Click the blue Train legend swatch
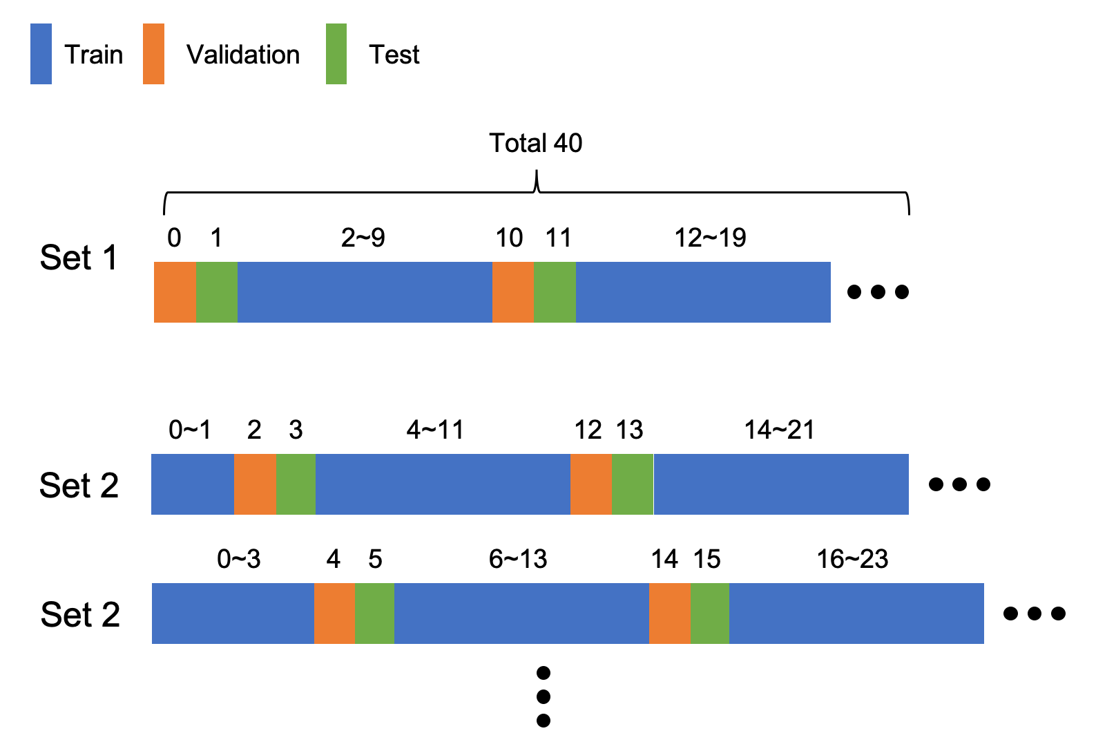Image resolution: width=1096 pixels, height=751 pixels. pos(41,54)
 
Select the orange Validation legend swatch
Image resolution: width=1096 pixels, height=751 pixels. pos(153,54)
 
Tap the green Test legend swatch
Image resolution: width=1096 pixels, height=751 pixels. pos(336,54)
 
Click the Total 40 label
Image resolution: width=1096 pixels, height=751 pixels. pos(535,143)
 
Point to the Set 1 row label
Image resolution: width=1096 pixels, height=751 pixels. pos(79,258)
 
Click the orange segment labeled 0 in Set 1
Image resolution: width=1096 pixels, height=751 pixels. pos(175,292)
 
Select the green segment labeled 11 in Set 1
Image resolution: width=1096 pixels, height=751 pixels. pos(555,292)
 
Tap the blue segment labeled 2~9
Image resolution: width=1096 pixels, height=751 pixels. pos(365,292)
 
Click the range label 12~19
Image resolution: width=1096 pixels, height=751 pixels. pos(710,238)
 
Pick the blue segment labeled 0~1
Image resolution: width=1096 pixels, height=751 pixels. pos(193,484)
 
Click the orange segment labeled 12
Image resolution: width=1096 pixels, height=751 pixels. pos(590,484)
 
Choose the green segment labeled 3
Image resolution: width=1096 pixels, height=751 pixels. pos(296,484)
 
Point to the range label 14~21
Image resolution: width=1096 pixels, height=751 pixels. pos(779,430)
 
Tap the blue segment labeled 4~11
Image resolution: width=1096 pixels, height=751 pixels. pos(443,484)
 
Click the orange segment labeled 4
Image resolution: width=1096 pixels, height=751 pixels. pos(334,613)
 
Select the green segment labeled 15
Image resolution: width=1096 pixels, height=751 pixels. pos(709,613)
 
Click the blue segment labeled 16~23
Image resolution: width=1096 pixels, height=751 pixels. pos(856,613)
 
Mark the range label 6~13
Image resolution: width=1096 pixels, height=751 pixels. pos(518,559)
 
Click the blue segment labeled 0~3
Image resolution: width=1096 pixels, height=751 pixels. pos(233,613)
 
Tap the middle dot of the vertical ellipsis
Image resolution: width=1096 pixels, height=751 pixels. pos(544,696)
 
